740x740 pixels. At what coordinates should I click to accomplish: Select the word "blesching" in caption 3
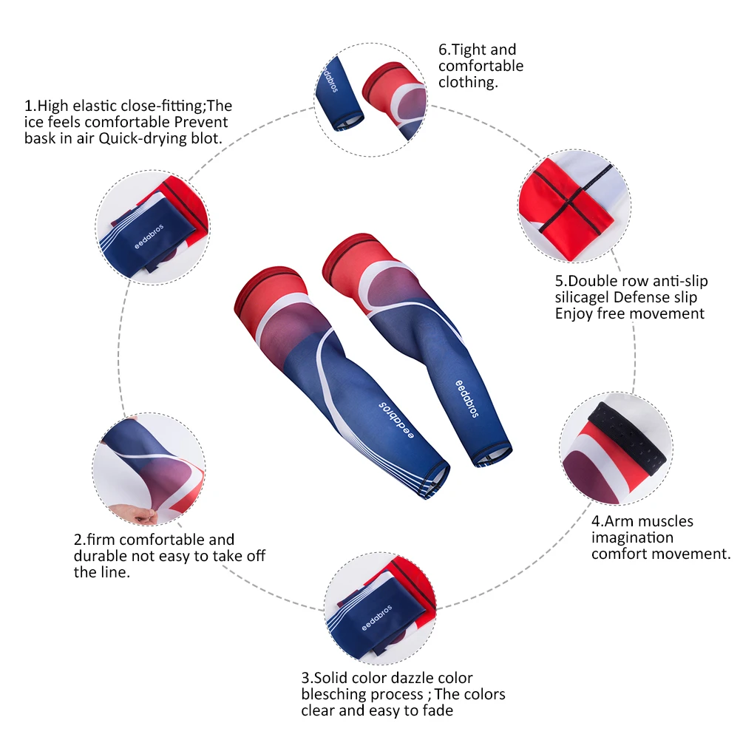point(334,694)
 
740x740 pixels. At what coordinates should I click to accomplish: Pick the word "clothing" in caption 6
point(466,82)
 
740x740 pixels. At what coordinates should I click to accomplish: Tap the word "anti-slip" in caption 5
point(676,281)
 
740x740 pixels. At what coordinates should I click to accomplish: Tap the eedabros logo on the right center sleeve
point(466,398)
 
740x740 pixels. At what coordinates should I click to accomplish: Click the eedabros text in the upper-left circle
point(147,240)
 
